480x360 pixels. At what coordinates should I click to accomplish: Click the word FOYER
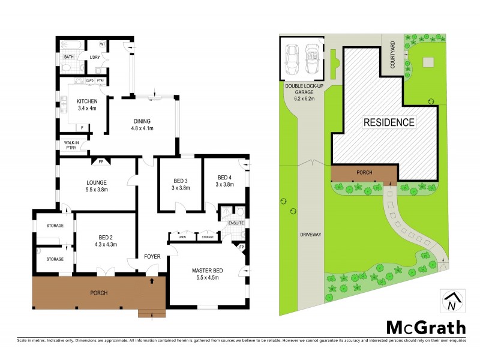pyautogui.click(x=152, y=256)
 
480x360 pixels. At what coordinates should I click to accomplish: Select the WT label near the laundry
pyautogui.click(x=103, y=44)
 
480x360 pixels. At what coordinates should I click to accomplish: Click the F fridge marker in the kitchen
pyautogui.click(x=81, y=128)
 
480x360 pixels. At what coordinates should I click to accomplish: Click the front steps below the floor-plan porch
pyautogui.click(x=151, y=313)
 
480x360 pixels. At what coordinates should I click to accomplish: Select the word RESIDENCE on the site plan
pyautogui.click(x=389, y=122)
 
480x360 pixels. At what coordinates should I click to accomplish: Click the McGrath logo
pyautogui.click(x=425, y=328)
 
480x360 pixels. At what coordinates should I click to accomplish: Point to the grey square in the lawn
pyautogui.click(x=428, y=62)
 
